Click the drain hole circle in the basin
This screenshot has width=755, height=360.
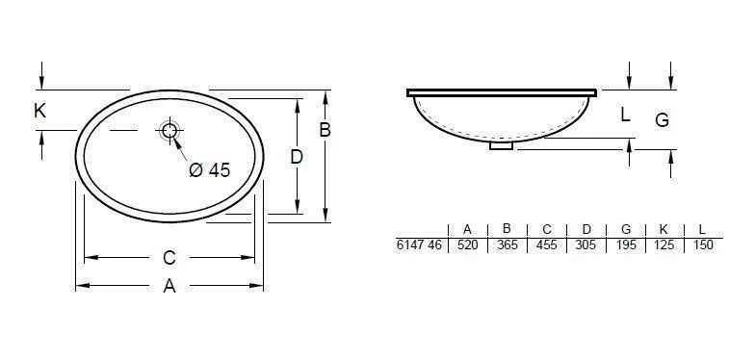(170, 131)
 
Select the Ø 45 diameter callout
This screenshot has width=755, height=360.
(210, 170)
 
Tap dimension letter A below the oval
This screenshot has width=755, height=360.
(169, 286)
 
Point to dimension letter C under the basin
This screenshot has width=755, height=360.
(169, 257)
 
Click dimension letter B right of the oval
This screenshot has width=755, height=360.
(325, 130)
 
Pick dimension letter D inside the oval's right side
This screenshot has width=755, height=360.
(297, 156)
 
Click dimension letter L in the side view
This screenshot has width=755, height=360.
(625, 115)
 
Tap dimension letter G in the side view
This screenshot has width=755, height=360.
(662, 120)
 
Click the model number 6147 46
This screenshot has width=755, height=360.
(419, 245)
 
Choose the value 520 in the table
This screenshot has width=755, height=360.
(467, 245)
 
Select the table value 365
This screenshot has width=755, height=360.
(507, 245)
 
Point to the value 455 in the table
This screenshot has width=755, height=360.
(546, 245)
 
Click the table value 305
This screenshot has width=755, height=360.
(586, 245)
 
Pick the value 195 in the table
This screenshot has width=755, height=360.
(625, 245)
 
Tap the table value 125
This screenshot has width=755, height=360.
(663, 245)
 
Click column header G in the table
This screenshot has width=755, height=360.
(625, 229)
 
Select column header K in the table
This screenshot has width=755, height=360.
(663, 229)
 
